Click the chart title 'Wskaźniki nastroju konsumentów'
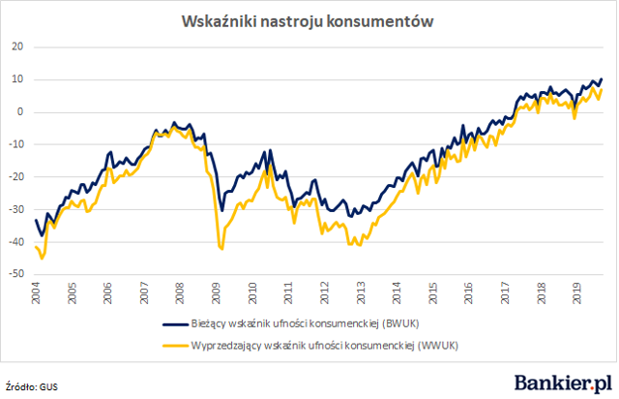point(308,21)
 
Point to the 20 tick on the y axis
point(17,46)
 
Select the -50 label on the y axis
point(16,274)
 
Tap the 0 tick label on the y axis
point(20,112)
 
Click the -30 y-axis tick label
point(16,209)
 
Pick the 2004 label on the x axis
point(36,293)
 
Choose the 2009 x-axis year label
point(216,293)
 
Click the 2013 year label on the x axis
point(361,293)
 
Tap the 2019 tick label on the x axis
point(576,293)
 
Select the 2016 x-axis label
point(468,293)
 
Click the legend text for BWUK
point(305,323)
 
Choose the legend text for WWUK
point(325,346)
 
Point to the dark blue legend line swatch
point(176,324)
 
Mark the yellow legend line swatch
point(176,346)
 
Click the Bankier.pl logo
point(563,383)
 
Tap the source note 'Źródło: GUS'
point(32,386)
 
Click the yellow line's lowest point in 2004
point(42,259)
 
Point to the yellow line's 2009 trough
point(221,249)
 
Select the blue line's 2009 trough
point(221,211)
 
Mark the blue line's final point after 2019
point(602,79)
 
